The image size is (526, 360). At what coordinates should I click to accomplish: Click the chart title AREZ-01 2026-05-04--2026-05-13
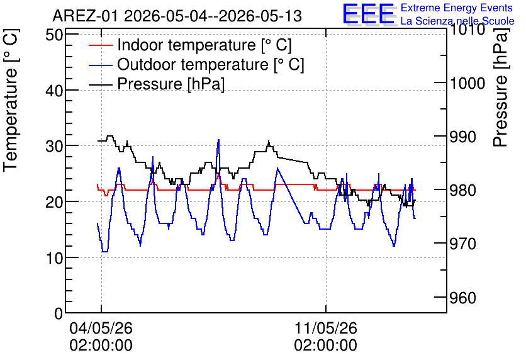177,16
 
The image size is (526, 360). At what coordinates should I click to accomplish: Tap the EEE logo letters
369,14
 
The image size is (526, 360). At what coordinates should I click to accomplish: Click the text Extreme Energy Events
457,8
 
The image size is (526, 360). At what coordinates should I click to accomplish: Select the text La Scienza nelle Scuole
457,21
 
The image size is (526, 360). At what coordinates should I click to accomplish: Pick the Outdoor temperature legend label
211,64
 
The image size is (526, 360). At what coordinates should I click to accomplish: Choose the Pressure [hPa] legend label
171,84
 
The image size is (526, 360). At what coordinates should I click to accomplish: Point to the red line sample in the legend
100,45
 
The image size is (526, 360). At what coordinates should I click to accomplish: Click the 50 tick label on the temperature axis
54,35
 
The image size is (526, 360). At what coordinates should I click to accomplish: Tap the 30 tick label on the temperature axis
54,146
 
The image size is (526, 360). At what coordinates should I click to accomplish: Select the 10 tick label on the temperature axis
54,258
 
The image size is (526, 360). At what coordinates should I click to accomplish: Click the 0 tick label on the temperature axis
59,313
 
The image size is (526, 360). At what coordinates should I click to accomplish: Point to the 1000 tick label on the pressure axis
467,83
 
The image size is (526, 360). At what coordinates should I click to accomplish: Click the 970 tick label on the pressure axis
462,244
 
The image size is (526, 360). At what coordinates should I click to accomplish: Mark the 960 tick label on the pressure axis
462,298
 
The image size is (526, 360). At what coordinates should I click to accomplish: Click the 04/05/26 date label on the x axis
101,328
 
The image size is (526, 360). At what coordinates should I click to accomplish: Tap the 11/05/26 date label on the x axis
326,328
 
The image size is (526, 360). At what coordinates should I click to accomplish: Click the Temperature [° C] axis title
11,100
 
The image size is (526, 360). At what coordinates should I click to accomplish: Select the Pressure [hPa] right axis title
501,87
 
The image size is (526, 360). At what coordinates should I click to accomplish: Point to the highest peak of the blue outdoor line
218,140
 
